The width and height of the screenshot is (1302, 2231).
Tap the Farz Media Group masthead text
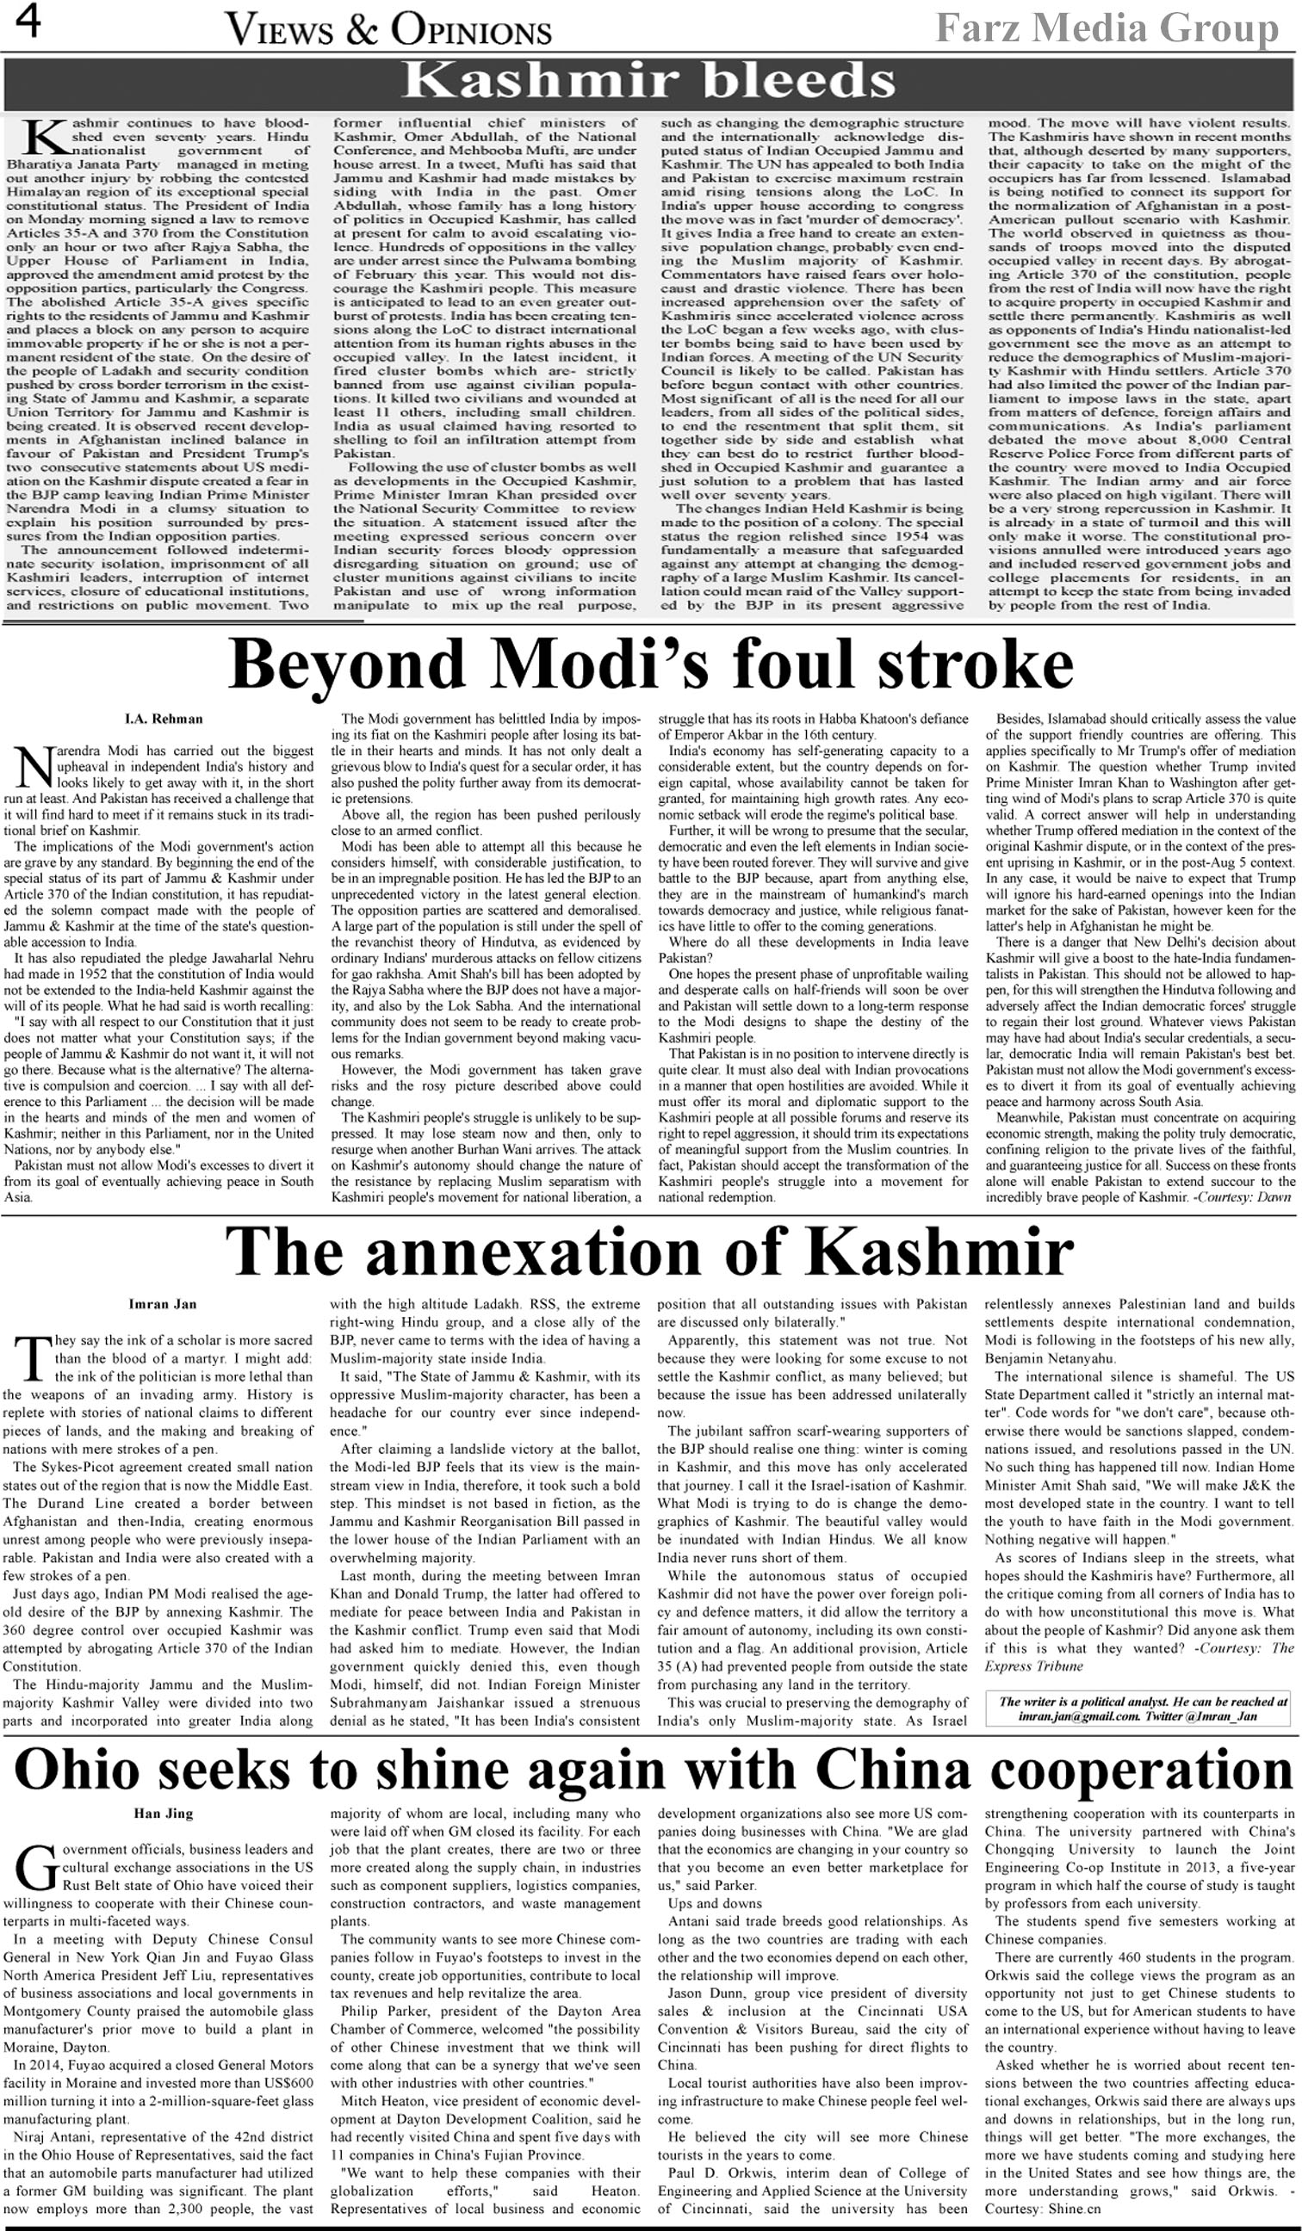1107,28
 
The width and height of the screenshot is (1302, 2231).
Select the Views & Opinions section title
389,31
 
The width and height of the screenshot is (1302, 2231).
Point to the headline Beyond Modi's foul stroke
651,664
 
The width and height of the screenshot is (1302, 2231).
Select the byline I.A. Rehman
164,719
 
